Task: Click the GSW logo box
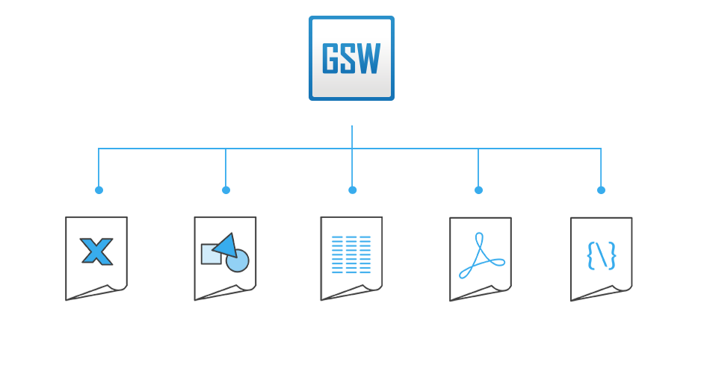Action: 351,58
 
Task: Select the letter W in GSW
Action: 369,58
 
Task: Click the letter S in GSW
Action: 348,58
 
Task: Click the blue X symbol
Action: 96,252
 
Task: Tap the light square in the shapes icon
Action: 210,255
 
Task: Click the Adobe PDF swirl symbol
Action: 481,256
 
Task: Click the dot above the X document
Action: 99,190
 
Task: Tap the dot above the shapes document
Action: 226,190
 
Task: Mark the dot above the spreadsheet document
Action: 352,190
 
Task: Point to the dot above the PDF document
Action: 478,190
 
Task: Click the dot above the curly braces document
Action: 601,190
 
